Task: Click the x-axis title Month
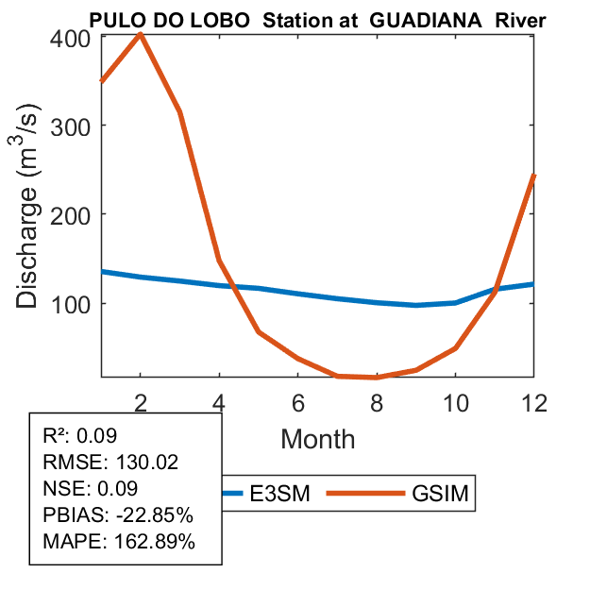(318, 439)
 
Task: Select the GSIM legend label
(440, 493)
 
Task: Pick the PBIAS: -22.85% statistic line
(118, 515)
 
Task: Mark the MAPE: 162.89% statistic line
(119, 542)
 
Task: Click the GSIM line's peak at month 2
(141, 35)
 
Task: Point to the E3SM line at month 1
(102, 272)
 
